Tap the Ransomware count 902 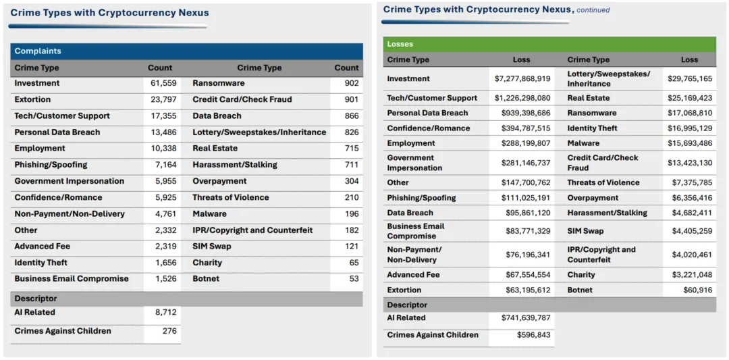point(351,83)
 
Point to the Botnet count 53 point(354,278)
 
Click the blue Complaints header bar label point(38,51)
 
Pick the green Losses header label point(400,45)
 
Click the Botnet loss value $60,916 point(697,290)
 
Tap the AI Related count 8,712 point(165,312)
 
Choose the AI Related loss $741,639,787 point(525,317)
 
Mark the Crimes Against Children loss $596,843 point(533,335)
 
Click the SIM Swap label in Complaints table point(211,247)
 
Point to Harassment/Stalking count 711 point(352,165)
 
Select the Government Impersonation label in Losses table point(414,163)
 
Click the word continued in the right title point(593,10)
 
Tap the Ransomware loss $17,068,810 point(689,113)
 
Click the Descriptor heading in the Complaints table point(36,299)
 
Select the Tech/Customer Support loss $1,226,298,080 point(522,98)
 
